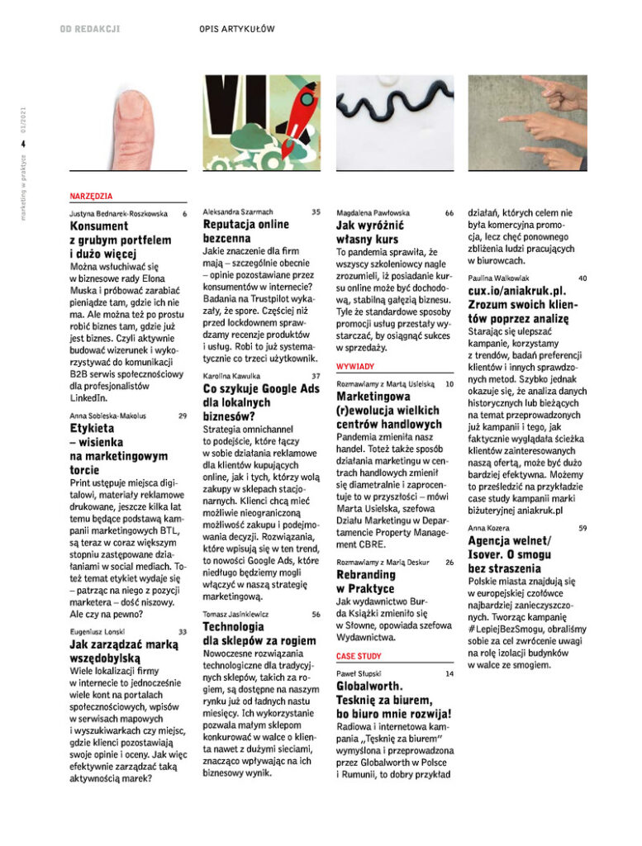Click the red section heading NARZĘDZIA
point(91,197)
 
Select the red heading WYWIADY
point(356,365)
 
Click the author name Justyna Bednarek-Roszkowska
point(117,213)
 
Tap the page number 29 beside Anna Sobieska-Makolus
point(182,416)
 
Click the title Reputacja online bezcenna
point(246,231)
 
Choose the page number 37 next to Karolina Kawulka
point(316,376)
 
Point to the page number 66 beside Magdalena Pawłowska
point(449,213)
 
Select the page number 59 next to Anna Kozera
point(583,527)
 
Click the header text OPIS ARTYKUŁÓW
point(237,28)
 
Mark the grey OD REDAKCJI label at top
point(89,28)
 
